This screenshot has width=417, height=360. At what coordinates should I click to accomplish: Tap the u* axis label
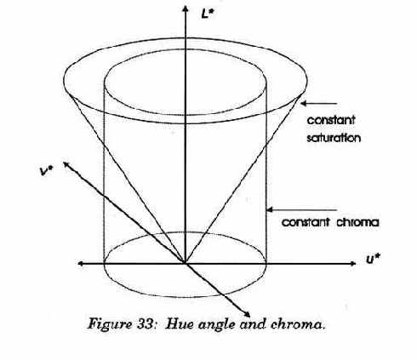373,260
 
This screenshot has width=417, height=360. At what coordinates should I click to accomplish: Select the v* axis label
46,170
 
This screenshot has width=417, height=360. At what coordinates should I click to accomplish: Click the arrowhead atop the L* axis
186,9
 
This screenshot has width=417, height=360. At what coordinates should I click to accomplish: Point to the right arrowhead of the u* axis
352,264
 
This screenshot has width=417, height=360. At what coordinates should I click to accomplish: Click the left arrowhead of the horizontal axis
81,264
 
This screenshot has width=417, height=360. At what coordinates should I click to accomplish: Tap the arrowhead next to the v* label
66,164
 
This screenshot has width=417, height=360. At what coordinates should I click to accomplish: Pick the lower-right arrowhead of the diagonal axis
247,314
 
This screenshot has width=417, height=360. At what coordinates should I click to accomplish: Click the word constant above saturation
331,120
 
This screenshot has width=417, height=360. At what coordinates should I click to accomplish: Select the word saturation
334,138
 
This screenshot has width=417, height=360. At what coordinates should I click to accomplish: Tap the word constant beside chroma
306,222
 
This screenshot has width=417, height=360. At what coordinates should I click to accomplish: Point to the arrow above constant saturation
318,104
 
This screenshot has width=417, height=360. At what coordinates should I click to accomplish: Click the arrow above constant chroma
302,210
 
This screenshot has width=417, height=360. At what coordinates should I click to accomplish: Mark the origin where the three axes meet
186,264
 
